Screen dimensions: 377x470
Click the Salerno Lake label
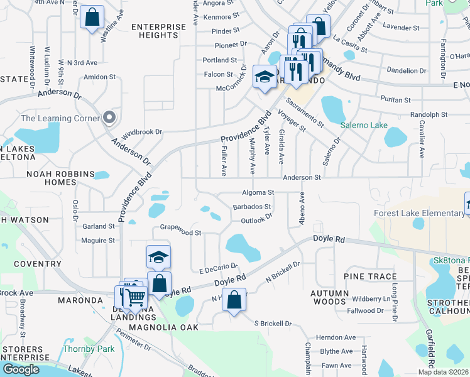tap(364, 125)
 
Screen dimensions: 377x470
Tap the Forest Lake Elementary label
tap(419, 213)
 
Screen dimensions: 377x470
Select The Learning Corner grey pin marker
tap(109, 117)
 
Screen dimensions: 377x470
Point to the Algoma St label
tap(258, 192)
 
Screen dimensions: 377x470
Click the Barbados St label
tap(251, 206)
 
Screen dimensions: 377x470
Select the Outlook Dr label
tap(256, 220)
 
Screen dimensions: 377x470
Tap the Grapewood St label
tap(180, 232)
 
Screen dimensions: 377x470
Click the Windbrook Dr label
tap(142, 133)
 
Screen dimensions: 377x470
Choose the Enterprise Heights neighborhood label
tap(159, 31)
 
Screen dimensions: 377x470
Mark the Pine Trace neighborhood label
tap(370, 276)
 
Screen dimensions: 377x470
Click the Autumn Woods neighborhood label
tap(329, 297)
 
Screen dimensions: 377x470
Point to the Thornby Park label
tap(80, 349)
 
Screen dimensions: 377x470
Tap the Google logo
tap(21, 369)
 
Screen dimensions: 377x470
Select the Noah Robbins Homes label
tap(60, 178)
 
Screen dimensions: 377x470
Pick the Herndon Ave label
tap(336, 337)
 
